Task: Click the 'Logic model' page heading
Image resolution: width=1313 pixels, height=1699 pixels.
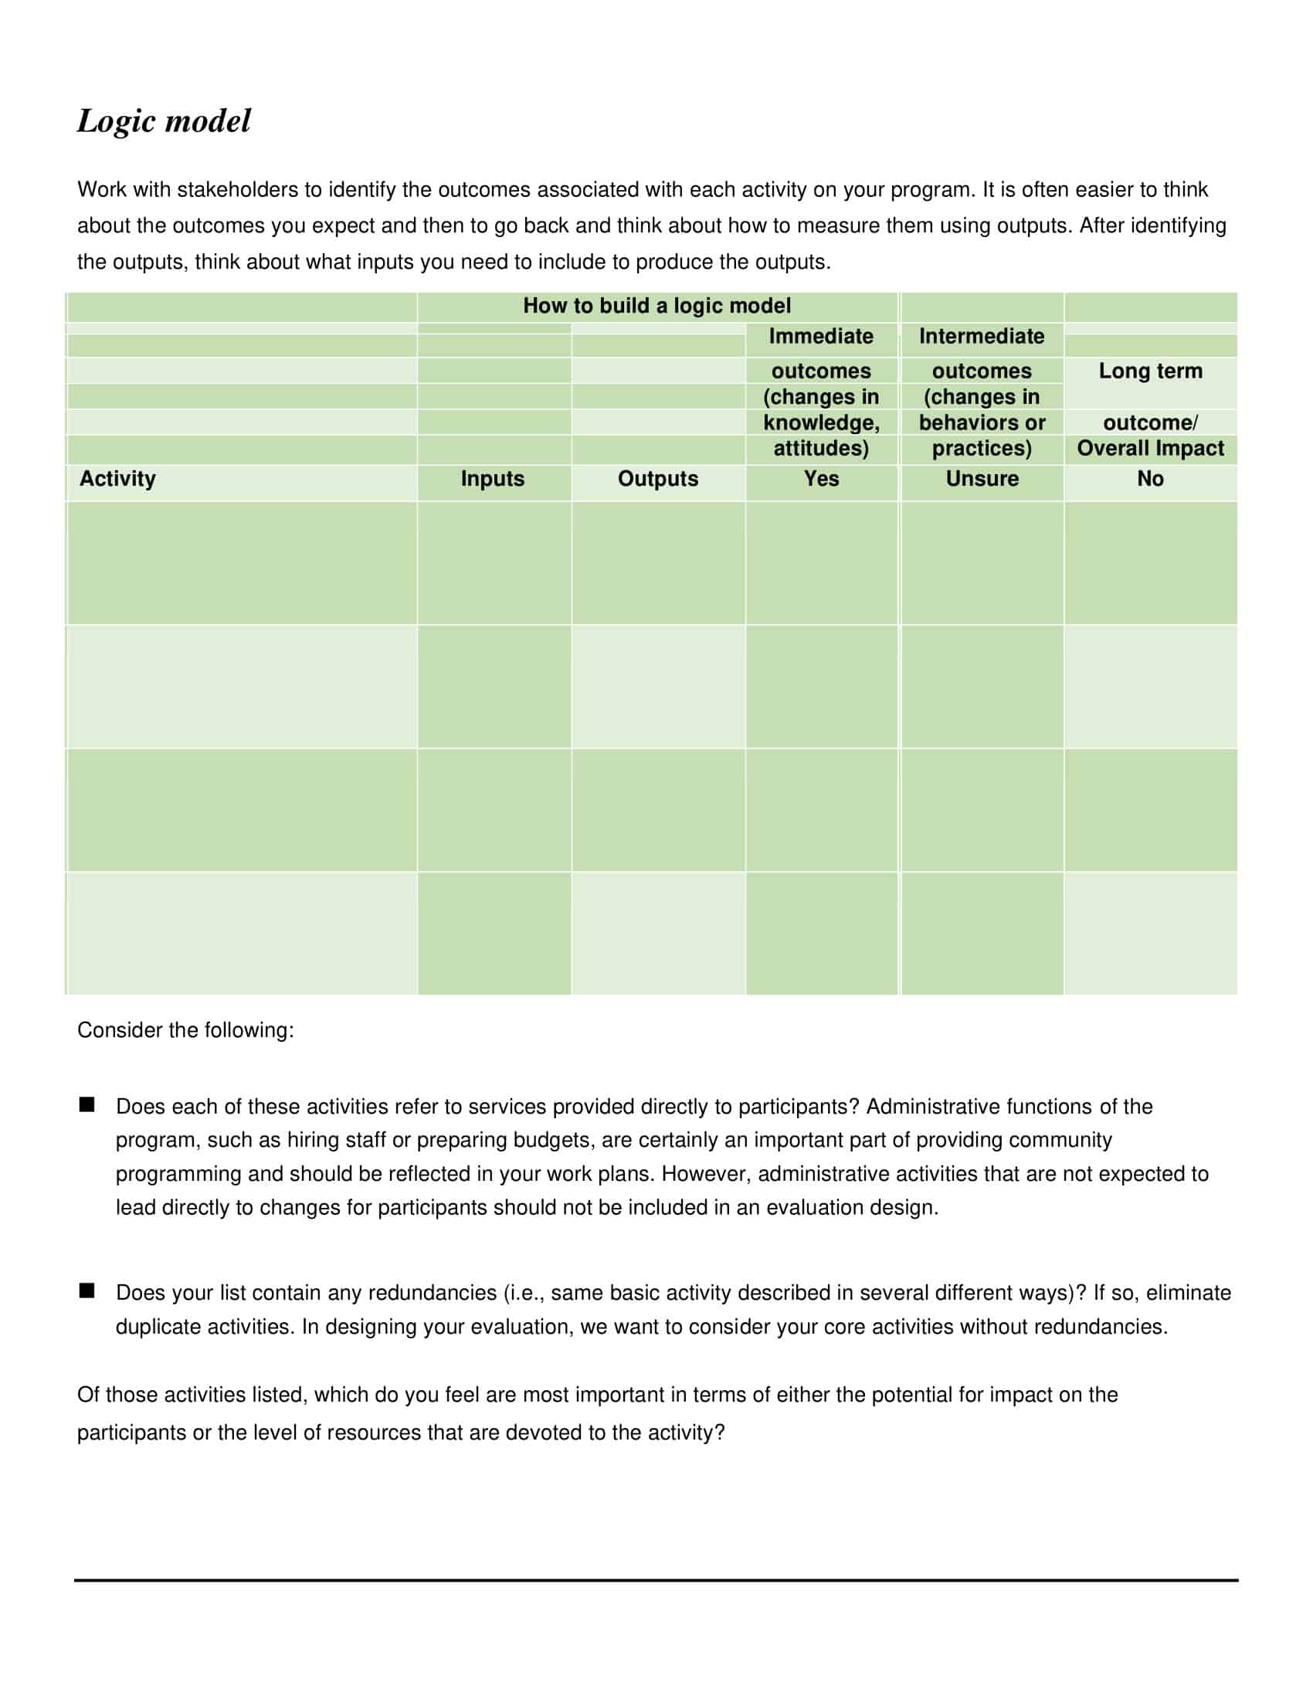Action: coord(163,121)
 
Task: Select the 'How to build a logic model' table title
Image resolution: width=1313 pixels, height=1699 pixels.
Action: coord(656,306)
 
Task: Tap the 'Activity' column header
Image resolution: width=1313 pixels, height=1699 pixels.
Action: coord(117,479)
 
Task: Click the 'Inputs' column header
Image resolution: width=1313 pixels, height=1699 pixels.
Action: coord(493,479)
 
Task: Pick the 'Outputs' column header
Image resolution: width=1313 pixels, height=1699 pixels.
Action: coord(657,479)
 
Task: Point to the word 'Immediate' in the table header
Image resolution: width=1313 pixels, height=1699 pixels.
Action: coord(820,336)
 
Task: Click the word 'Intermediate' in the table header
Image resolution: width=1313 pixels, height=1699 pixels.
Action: coord(981,336)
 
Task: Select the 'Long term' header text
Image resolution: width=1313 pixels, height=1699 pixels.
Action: coord(1150,371)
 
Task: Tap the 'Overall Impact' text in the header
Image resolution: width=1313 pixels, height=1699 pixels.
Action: coord(1150,448)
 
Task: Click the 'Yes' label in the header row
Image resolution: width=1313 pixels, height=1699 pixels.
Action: coord(820,479)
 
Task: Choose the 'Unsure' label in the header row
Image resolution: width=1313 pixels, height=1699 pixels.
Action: coord(982,479)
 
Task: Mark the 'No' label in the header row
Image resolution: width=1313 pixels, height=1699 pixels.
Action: coord(1150,479)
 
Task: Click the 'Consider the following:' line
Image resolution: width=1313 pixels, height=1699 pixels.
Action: coord(185,1030)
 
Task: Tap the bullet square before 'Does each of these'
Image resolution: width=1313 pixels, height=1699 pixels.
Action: coord(87,1104)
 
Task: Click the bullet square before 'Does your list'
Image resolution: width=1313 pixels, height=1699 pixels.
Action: coord(87,1291)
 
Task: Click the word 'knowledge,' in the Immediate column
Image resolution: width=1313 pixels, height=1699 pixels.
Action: coord(820,422)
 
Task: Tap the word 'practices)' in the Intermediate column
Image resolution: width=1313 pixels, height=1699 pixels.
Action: coord(982,448)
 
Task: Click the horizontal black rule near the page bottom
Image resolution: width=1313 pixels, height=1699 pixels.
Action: coord(656,1580)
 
